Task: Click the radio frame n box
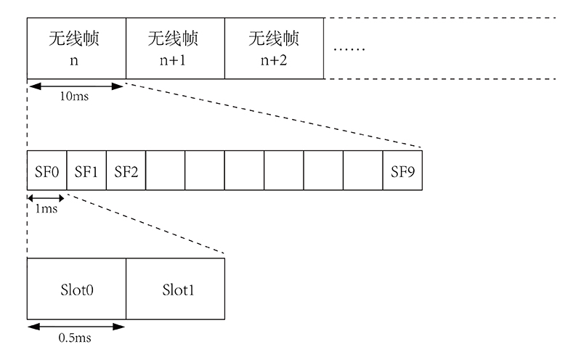pos(76,47)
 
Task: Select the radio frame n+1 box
pos(175,47)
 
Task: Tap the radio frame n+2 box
pos(274,47)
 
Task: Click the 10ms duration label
pos(75,97)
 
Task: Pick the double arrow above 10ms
pos(76,86)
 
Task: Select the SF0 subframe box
pos(46,171)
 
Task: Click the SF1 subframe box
pos(86,171)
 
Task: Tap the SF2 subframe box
pos(126,171)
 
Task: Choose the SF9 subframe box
pos(402,171)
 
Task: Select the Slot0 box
pos(76,290)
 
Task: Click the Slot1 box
pos(175,290)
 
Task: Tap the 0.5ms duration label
pos(76,337)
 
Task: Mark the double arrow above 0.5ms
pos(76,327)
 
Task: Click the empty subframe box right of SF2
pos(165,171)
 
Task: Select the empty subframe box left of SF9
pos(362,171)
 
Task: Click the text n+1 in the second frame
pos(174,59)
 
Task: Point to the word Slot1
pos(177,290)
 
